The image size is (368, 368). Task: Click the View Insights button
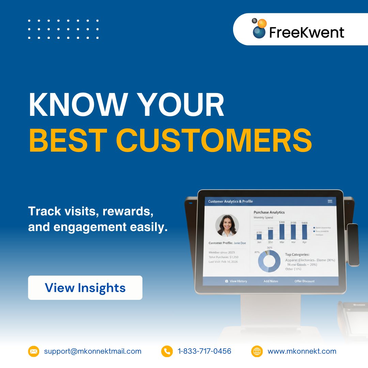85,288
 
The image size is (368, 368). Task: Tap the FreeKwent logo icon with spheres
259,29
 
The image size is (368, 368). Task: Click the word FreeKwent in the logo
307,33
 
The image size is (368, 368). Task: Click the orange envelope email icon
34,351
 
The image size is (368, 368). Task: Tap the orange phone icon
167,351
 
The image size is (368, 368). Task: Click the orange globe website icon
257,351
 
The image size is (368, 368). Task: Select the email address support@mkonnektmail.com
93,351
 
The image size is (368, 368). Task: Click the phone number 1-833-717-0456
204,351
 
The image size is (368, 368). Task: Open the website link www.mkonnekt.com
302,351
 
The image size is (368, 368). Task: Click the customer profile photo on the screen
227,225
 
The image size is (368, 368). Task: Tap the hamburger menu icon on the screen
330,201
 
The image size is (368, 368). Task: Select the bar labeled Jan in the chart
259,236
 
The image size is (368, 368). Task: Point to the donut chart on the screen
269,261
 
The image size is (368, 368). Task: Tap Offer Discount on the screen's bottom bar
305,281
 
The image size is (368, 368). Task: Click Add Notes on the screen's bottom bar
271,281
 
